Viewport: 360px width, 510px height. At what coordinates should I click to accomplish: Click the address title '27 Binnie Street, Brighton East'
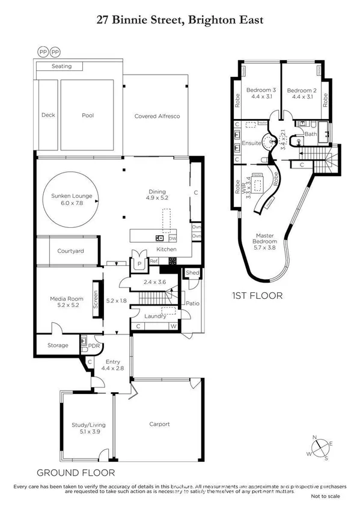click(x=180, y=20)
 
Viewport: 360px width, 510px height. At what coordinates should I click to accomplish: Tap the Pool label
click(x=88, y=115)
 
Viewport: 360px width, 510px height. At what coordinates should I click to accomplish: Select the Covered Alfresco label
click(x=157, y=116)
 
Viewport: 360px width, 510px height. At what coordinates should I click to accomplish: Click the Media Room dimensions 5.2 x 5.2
click(x=64, y=305)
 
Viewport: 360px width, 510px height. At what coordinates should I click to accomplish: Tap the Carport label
click(x=159, y=424)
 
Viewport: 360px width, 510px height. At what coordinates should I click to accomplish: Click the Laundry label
click(x=147, y=316)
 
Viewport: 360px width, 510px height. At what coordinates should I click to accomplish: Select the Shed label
click(x=193, y=273)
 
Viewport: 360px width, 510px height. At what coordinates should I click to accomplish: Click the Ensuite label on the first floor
click(x=251, y=143)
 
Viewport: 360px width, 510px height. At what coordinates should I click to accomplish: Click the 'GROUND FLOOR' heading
click(x=75, y=473)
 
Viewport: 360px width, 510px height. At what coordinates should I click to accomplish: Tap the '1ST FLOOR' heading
click(x=256, y=296)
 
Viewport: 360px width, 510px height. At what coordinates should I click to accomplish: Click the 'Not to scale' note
click(x=325, y=497)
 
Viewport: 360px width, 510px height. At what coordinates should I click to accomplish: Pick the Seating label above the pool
click(x=61, y=66)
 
